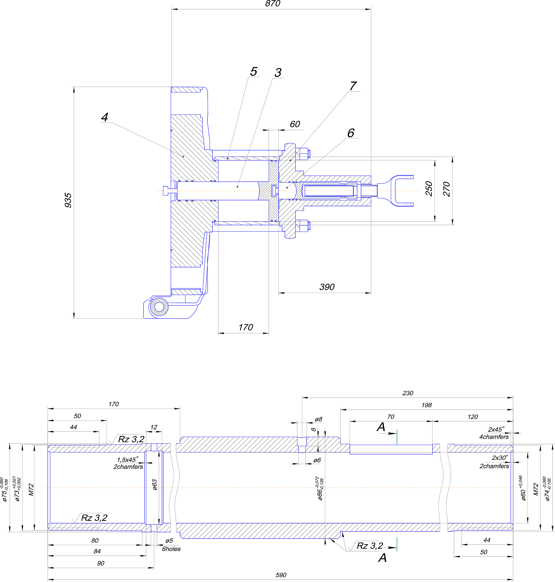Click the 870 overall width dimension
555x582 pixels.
272,4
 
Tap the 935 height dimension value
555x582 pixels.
68,200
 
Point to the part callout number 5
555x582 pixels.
254,71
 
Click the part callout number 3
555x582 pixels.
278,72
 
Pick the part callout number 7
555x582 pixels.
353,86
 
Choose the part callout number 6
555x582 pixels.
350,133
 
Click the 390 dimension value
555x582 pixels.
327,287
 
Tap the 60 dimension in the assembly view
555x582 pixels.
295,124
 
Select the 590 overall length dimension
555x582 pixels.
281,575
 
